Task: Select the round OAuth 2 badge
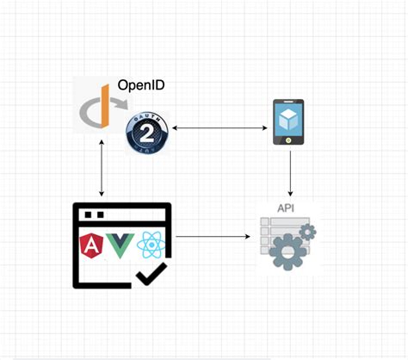(146, 133)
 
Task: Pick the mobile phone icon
(288, 122)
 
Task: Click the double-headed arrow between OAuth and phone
(219, 129)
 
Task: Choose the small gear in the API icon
(306, 232)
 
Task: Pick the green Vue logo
(121, 248)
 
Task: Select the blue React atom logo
(150, 248)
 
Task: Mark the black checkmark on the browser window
(151, 275)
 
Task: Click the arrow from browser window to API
(215, 235)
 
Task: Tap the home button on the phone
(288, 140)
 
